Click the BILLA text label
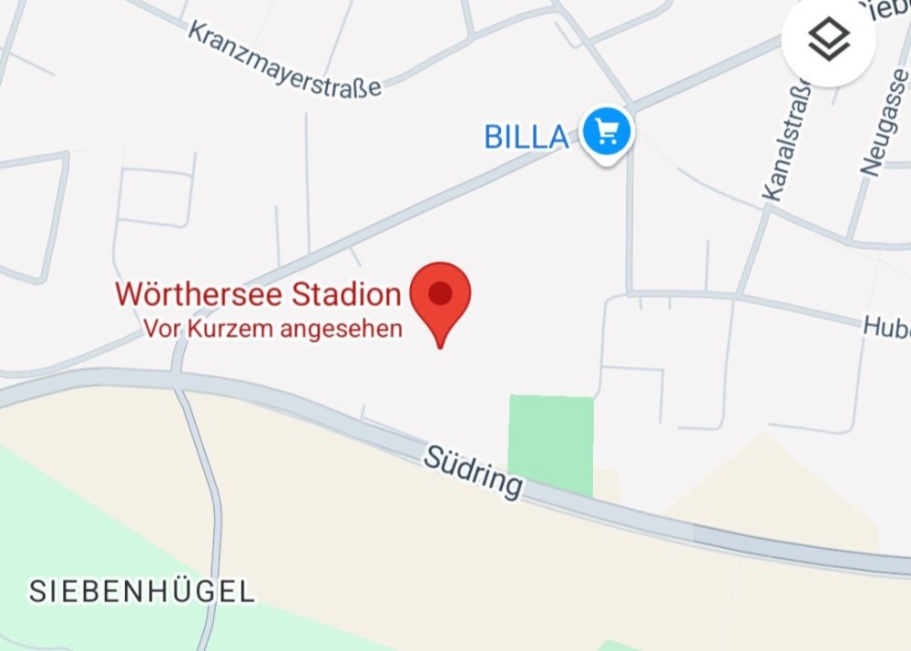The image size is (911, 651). coord(527,137)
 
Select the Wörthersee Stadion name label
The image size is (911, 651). coord(258,295)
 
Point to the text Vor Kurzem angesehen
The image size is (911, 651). coord(272,330)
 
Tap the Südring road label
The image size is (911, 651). coord(473,471)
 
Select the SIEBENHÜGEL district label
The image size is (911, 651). coord(142,592)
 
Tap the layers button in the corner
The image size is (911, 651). coord(828,41)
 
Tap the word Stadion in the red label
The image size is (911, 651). coord(346,295)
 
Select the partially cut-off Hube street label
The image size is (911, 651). coord(886,325)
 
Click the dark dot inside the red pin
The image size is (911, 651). coord(440,293)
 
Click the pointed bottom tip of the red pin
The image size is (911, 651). coord(440,346)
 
